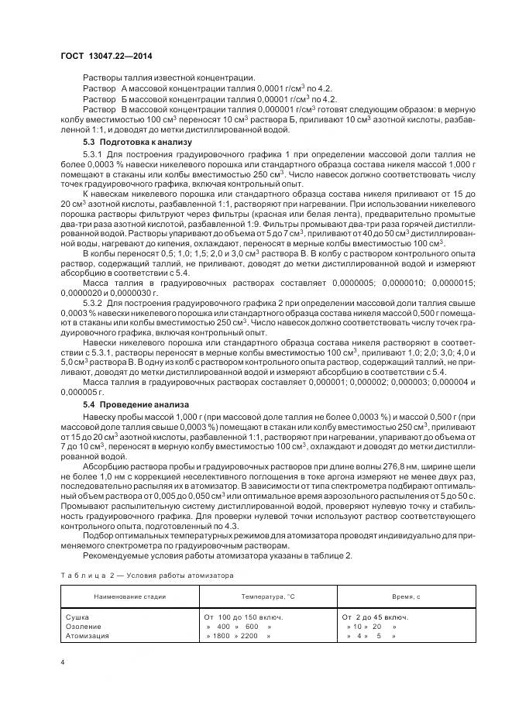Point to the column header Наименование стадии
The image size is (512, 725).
(x=129, y=597)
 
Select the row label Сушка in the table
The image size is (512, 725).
(x=78, y=617)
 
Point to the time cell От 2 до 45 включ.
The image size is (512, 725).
(x=375, y=617)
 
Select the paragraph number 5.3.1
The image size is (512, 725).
(x=94, y=155)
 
